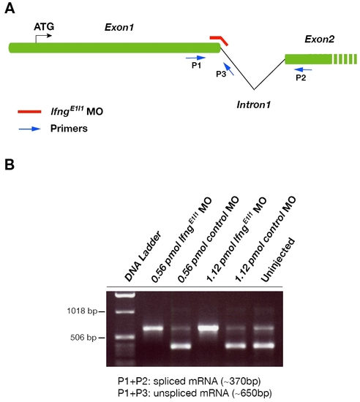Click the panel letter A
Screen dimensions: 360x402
(x=10, y=9)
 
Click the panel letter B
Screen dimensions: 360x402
(x=10, y=164)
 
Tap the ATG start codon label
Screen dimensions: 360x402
(x=44, y=26)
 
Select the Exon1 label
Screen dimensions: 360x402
(x=119, y=28)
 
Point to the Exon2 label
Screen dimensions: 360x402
(x=320, y=39)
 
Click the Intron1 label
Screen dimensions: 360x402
(x=253, y=105)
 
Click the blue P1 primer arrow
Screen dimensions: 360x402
(x=195, y=58)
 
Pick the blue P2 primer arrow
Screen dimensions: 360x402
(x=304, y=69)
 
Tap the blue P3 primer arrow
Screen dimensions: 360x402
(x=228, y=69)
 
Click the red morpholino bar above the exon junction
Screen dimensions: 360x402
(x=219, y=39)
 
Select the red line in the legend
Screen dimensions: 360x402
(x=29, y=112)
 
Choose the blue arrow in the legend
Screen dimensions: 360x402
(x=30, y=129)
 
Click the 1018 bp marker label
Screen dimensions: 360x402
(x=82, y=311)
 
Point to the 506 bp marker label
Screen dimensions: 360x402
(x=83, y=338)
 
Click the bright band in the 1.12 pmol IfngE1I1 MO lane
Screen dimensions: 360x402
(x=208, y=327)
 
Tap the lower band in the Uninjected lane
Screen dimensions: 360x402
(x=263, y=346)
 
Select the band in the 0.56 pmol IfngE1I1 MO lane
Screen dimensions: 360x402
(x=153, y=328)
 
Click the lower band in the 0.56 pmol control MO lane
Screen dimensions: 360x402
(x=181, y=346)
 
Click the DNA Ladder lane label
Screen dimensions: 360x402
(x=143, y=256)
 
